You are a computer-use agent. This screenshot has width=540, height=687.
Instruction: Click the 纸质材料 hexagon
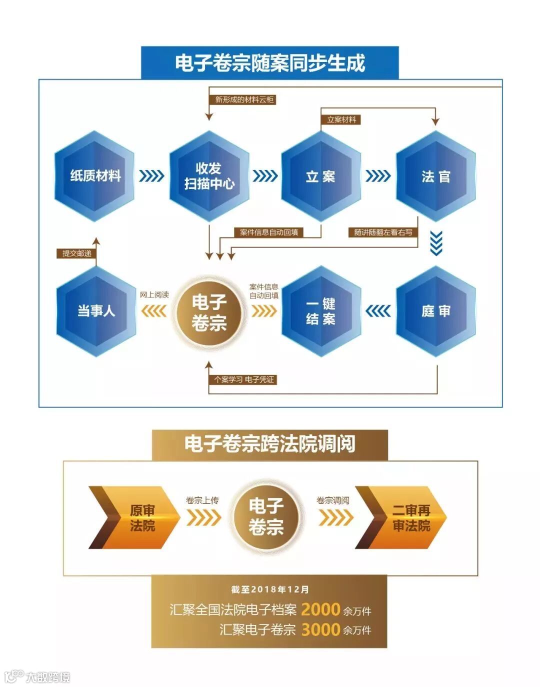point(95,176)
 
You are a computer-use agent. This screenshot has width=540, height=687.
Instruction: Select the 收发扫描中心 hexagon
point(209,176)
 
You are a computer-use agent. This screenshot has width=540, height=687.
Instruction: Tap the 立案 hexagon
point(320,176)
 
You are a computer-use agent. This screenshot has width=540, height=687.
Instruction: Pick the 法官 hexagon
point(435,176)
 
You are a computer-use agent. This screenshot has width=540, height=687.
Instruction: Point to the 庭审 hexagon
point(435,311)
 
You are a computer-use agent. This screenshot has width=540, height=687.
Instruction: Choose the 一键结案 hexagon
point(320,311)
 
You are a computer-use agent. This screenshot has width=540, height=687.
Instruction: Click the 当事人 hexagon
point(96,311)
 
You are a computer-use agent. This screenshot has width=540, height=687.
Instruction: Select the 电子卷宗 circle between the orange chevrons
point(266,516)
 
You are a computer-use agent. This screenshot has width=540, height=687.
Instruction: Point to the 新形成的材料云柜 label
point(244,99)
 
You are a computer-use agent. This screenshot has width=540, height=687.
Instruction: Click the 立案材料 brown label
point(341,119)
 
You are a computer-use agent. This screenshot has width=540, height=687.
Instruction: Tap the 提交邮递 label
point(76,253)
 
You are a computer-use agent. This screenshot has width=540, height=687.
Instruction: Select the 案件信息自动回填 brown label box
point(269,232)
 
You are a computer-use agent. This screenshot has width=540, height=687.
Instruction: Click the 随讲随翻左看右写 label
point(383,232)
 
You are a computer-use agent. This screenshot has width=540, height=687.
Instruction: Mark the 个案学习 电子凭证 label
point(244,379)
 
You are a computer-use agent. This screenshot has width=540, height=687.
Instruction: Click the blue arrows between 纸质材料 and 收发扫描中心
point(151,176)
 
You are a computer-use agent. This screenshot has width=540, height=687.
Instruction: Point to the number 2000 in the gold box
point(320,609)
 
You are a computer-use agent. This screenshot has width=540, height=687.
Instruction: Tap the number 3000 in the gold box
point(320,629)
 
